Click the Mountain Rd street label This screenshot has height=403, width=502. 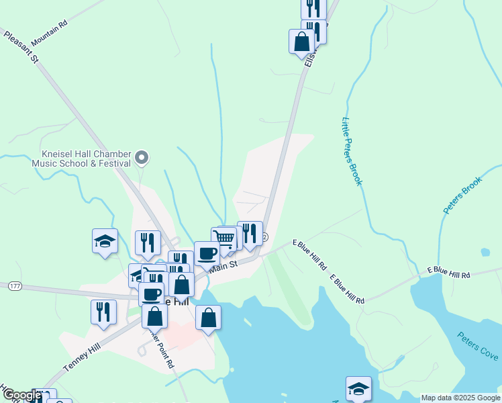[x=50, y=32]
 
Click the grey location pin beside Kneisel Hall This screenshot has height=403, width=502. [x=142, y=158]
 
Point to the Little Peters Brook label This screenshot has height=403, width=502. [x=352, y=152]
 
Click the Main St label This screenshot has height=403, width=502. [x=223, y=267]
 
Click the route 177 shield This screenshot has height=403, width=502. [x=15, y=286]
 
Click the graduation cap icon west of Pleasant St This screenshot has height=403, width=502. [x=105, y=240]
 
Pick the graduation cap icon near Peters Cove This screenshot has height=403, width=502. [x=358, y=388]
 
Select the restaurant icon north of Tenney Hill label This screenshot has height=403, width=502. [x=103, y=312]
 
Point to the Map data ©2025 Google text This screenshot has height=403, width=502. [x=460, y=398]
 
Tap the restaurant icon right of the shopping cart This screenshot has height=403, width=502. [x=250, y=233]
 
